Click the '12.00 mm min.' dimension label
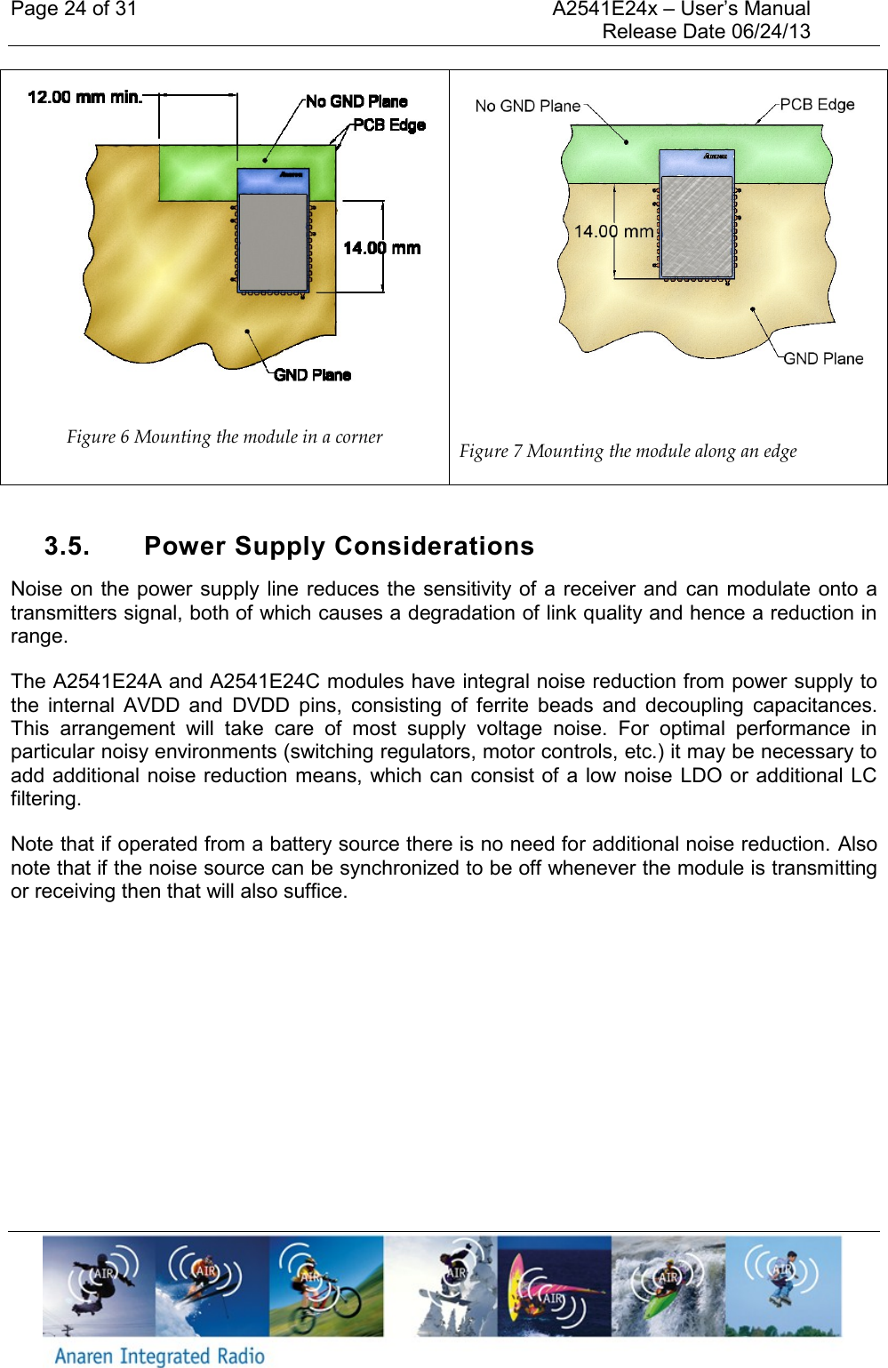point(84,97)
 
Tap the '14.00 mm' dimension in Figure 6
point(381,248)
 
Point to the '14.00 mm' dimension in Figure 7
point(613,231)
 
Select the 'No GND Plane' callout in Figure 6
point(356,101)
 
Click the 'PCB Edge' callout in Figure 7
point(817,104)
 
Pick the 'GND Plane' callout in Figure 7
point(823,358)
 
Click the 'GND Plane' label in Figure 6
point(312,375)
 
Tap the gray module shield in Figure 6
point(273,241)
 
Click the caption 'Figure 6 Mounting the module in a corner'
point(224,436)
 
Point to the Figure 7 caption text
point(628,451)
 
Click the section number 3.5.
point(67,546)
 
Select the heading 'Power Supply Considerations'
point(339,546)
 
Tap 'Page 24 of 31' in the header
point(74,10)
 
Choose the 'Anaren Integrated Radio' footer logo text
point(160,1355)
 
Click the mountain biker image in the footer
point(326,1286)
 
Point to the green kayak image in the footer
point(668,1286)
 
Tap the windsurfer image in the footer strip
point(554,1286)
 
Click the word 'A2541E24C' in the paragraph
point(264,682)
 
